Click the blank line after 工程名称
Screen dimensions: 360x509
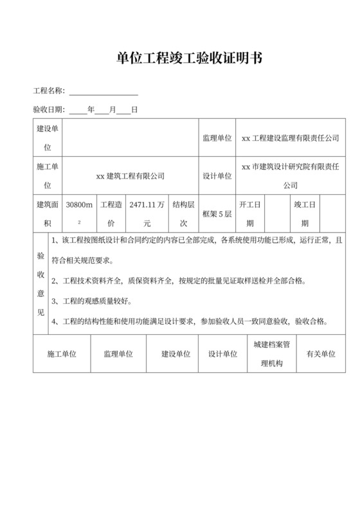tap(104, 91)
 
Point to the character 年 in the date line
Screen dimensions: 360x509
tap(91, 110)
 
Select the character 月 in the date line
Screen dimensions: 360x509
tap(113, 110)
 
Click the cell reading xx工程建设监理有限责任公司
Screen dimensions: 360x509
tap(289, 138)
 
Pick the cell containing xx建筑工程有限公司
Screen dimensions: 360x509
tap(130, 175)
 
